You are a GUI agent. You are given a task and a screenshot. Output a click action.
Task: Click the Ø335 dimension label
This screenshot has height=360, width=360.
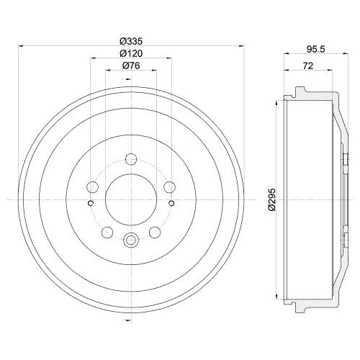[130, 40]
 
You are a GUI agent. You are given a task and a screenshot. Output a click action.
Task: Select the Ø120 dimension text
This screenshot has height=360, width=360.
[130, 53]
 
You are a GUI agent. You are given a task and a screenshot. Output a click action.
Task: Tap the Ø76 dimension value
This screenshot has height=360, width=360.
[130, 66]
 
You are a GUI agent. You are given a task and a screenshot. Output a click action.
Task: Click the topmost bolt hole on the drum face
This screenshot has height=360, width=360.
[130, 160]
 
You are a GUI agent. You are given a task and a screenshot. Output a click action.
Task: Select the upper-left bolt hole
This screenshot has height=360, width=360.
[92, 187]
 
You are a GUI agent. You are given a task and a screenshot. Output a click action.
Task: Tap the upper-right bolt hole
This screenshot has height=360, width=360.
[168, 187]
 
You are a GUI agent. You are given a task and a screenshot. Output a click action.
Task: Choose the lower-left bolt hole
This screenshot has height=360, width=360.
[107, 232]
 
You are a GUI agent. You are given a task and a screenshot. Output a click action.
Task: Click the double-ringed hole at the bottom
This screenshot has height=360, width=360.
[130, 240]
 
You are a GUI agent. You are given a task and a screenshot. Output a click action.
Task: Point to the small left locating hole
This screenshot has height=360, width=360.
[90, 203]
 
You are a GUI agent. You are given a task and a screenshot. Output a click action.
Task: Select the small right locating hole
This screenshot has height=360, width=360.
[171, 203]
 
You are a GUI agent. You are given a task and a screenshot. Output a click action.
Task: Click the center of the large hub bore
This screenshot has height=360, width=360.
[130, 199]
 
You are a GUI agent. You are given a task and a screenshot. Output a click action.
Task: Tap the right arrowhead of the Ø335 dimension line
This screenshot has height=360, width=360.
[241, 46]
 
